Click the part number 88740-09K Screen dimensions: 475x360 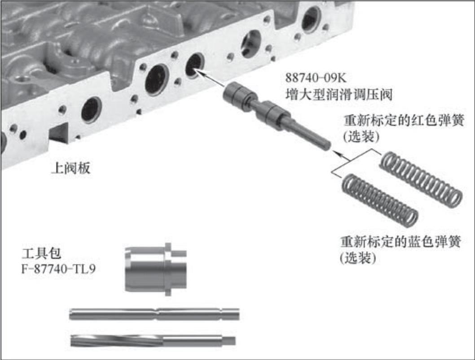click(316, 78)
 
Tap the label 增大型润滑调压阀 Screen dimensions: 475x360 click(339, 95)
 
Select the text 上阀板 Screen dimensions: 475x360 click(71, 168)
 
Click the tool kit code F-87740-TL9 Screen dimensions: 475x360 click(58, 269)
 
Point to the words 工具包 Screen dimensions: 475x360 click(41, 253)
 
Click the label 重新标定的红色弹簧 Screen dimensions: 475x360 click(404, 121)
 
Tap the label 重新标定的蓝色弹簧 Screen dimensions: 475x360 click(400, 242)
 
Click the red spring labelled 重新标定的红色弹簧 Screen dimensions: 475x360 click(421, 180)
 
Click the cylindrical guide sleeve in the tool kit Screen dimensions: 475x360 click(156, 269)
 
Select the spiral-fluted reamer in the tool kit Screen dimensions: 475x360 click(153, 340)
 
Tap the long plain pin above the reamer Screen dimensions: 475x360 click(154, 314)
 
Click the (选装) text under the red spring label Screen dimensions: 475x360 click(361, 137)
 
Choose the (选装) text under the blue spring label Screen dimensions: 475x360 click(358, 258)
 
